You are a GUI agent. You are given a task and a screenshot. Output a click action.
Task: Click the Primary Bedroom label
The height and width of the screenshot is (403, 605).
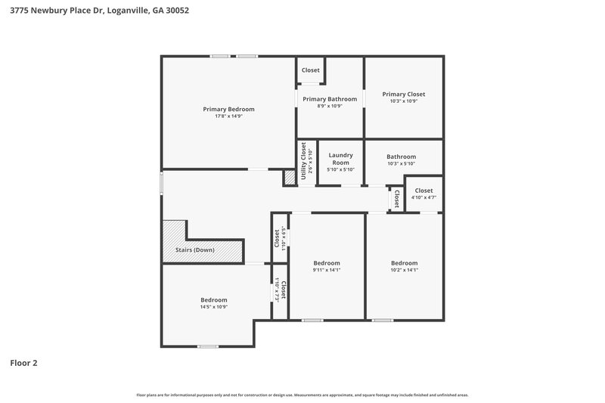[x=228, y=109]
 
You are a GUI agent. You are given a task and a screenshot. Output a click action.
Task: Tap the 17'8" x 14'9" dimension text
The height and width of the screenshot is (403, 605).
[x=228, y=116]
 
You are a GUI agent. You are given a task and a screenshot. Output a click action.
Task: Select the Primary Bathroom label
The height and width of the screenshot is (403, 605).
[x=330, y=99]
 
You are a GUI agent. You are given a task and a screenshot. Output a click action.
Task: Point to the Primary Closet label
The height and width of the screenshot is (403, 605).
[x=404, y=94]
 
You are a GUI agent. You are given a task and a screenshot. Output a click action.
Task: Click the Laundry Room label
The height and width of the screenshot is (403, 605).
[x=340, y=158]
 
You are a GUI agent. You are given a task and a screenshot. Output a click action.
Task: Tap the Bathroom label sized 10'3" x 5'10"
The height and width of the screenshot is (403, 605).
[x=401, y=157]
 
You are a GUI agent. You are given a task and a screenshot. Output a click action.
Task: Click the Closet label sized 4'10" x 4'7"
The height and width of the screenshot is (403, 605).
[x=423, y=191]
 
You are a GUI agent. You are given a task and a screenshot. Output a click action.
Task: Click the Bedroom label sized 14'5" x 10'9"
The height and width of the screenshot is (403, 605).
[x=213, y=300]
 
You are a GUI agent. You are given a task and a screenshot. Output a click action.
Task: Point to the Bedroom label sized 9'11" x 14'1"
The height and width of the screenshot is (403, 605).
[x=327, y=263]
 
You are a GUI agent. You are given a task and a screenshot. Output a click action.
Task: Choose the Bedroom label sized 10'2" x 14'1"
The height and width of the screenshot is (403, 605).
[x=404, y=263]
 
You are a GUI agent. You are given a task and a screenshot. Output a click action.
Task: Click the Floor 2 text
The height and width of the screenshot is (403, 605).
[x=23, y=363]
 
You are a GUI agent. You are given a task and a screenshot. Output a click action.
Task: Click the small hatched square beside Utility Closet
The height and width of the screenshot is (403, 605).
[x=289, y=178]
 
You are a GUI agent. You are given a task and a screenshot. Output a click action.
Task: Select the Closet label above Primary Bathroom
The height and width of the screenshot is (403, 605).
[x=310, y=70]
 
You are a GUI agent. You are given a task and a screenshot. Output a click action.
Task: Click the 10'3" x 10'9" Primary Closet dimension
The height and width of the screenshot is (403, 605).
[x=404, y=101]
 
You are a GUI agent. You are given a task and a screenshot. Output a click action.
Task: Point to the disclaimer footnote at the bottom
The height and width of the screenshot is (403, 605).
[x=302, y=395]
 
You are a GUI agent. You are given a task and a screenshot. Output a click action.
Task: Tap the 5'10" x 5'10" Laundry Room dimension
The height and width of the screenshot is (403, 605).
[x=340, y=169]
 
